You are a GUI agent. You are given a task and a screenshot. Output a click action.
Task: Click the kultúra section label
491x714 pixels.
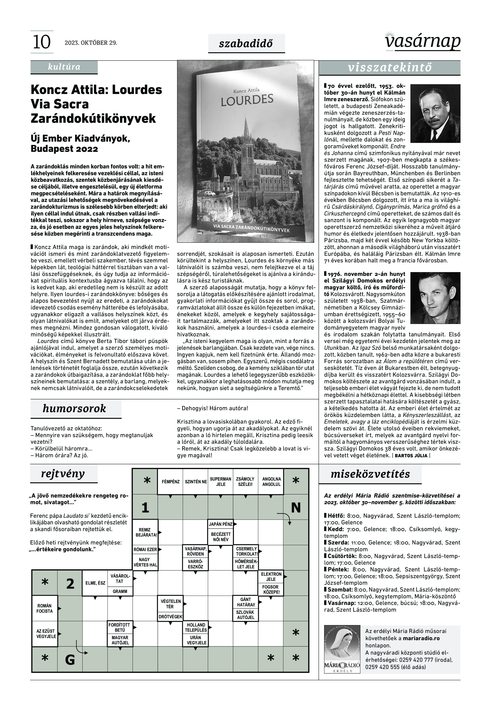[x=64, y=67]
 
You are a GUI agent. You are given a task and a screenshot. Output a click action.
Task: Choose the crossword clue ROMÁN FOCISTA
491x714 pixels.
[x=45, y=609]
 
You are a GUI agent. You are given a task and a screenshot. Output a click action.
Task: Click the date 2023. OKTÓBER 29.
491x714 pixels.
[x=91, y=43]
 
